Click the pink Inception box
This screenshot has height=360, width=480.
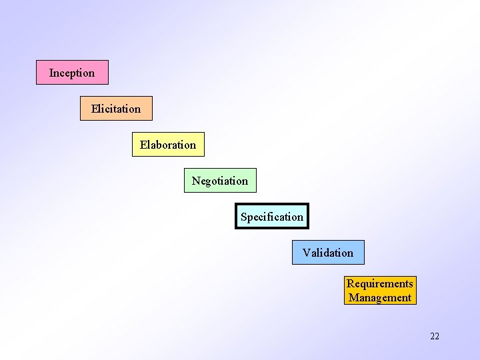pyautogui.click(x=72, y=73)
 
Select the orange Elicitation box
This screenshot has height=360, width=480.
pyautogui.click(x=116, y=109)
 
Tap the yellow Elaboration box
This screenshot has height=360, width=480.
pyautogui.click(x=168, y=145)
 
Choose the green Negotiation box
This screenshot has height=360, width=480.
pyautogui.click(x=220, y=181)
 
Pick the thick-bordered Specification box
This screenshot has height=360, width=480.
pyautogui.click(x=272, y=217)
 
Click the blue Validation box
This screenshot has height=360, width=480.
pyautogui.click(x=328, y=253)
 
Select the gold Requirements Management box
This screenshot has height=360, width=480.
pyautogui.click(x=380, y=291)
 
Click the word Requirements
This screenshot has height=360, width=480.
pyautogui.click(x=380, y=284)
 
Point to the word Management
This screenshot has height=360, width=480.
pyautogui.click(x=380, y=298)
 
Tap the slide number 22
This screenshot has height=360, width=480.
pyautogui.click(x=435, y=336)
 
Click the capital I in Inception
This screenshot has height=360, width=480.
pyautogui.click(x=51, y=73)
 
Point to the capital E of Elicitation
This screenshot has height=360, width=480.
pyautogui.click(x=95, y=109)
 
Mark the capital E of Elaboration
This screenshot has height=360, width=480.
pyautogui.click(x=143, y=145)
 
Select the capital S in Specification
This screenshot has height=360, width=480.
pyautogui.click(x=244, y=217)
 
